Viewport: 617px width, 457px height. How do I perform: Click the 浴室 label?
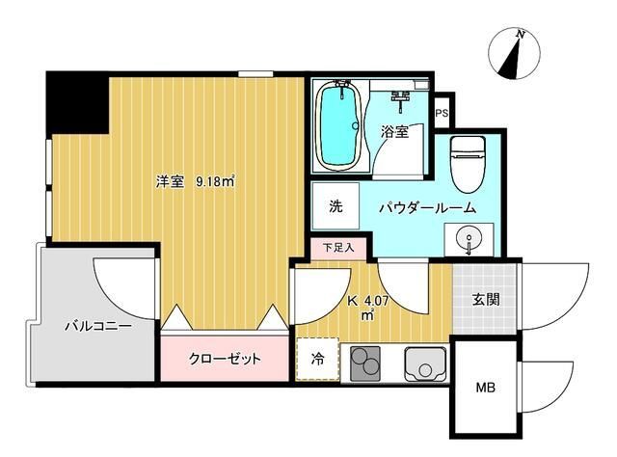point(394,132)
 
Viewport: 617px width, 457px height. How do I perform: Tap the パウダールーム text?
point(425,206)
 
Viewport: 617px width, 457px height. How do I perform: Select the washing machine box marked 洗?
point(335,205)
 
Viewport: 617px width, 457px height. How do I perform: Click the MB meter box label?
point(485,389)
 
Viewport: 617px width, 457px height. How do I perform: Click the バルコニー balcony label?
point(97,325)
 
